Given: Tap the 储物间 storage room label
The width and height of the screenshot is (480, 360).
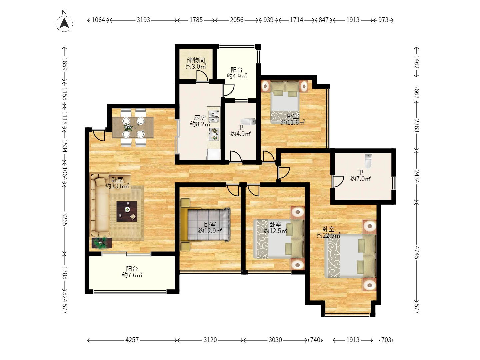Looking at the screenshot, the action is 196,60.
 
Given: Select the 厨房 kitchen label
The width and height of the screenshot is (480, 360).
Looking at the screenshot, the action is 200,118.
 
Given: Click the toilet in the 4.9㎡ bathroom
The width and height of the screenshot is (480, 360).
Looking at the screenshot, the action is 248,122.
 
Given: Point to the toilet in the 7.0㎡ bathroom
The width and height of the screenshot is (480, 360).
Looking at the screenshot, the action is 368,161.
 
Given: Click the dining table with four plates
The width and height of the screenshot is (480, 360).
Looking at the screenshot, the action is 133,127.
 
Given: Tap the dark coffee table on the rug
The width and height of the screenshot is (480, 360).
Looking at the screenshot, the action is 127,211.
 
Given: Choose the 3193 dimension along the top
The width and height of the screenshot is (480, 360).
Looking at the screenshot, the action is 143,20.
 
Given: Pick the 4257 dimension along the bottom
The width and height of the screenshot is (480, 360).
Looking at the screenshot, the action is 132,340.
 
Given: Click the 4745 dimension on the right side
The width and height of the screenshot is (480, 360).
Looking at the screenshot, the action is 417,252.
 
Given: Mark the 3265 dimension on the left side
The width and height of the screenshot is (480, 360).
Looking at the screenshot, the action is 65,219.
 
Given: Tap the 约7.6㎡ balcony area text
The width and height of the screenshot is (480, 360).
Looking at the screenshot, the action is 132,275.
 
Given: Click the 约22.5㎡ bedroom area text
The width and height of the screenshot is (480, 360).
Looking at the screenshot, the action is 328,235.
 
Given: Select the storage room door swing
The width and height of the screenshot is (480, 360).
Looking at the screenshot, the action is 202,76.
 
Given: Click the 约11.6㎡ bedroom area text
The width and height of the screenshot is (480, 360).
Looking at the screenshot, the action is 293,122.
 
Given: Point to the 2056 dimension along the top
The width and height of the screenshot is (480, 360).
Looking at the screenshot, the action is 237,20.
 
